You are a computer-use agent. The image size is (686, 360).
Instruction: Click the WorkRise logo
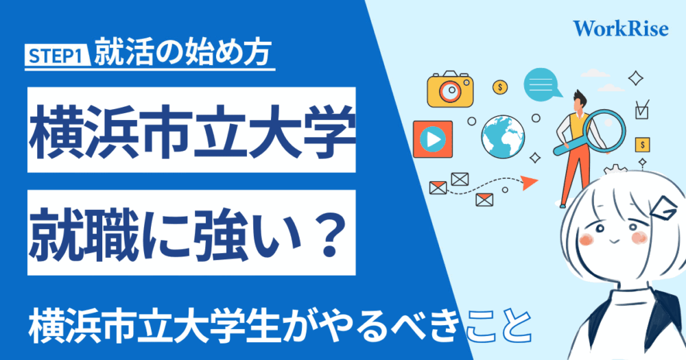(621, 28)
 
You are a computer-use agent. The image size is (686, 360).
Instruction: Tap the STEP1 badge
(58, 56)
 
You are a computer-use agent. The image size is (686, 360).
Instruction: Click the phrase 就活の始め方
(183, 53)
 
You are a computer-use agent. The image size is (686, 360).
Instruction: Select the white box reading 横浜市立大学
(191, 130)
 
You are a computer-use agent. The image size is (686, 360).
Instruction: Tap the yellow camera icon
(450, 89)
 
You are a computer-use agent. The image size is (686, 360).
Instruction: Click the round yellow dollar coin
(500, 87)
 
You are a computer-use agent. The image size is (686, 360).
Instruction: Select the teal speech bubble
(542, 84)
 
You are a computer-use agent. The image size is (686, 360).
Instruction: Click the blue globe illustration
(503, 136)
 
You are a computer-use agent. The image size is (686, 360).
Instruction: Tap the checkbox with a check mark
(642, 110)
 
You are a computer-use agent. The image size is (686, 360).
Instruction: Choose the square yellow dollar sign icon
(642, 145)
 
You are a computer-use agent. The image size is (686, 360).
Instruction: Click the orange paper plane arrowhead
(530, 182)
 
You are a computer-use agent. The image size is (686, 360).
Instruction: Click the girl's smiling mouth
(613, 241)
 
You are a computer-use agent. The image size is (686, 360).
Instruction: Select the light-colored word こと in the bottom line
(499, 326)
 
